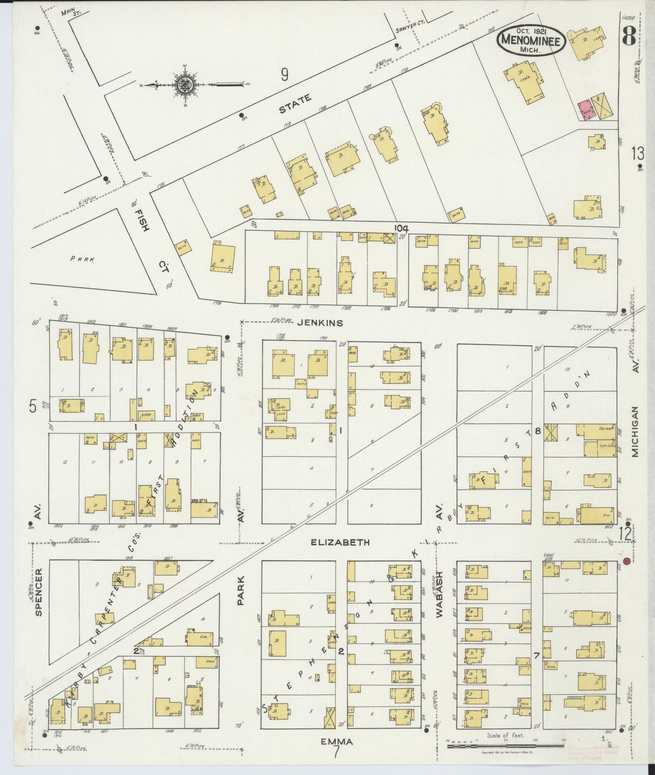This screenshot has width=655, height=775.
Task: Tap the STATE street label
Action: coord(295,104)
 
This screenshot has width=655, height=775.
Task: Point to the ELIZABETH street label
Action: coord(340,542)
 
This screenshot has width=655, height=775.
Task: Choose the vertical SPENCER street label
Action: coord(39,592)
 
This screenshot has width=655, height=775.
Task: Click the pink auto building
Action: coord(586,109)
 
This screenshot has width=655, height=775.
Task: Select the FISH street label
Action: coord(144,219)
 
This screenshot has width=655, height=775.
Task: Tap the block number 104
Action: coord(401,228)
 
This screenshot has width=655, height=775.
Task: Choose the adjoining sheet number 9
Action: coord(284,75)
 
